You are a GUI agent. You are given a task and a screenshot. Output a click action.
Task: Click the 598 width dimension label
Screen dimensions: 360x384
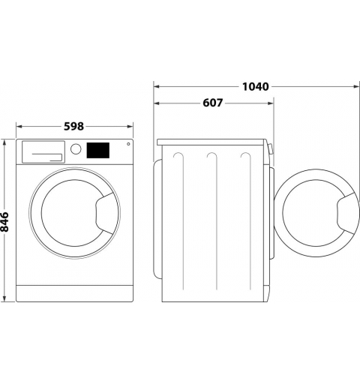(x=73, y=127)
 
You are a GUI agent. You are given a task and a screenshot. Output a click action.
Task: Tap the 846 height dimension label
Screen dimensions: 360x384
(x=4, y=222)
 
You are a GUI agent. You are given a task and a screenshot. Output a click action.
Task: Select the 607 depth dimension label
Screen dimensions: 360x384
(x=212, y=103)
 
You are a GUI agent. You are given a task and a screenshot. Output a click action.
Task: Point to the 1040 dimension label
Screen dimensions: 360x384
(x=256, y=87)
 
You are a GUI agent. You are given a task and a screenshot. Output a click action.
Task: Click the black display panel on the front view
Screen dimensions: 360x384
(x=98, y=150)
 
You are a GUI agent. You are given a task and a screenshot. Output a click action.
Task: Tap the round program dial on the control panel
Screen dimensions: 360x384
(x=76, y=149)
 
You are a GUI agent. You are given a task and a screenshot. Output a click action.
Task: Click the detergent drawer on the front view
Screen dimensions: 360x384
(x=43, y=152)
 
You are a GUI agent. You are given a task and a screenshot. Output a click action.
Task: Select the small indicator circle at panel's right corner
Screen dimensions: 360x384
(x=128, y=144)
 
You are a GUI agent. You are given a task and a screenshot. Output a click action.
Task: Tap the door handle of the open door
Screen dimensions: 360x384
(x=346, y=213)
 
